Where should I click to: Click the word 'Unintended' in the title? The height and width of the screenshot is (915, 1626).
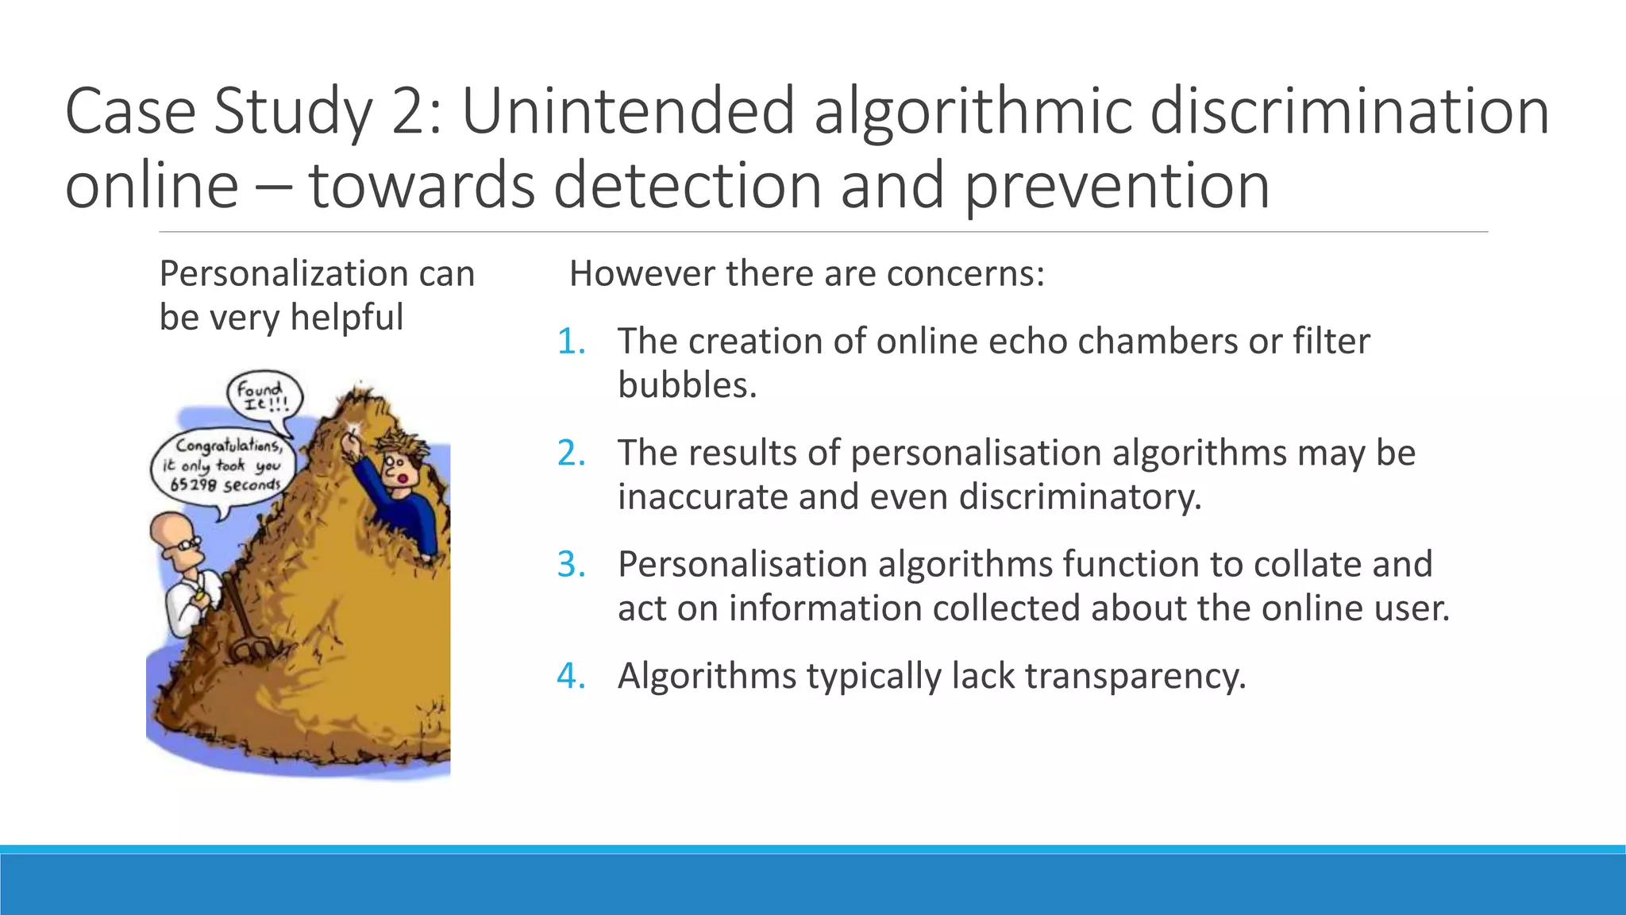click(x=628, y=110)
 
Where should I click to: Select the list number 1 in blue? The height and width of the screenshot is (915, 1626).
click(x=571, y=342)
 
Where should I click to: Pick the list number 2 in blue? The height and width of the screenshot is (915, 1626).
click(x=571, y=454)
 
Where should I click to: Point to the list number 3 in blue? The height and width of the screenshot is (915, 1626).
click(x=571, y=565)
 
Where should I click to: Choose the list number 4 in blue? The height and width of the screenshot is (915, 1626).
click(x=571, y=677)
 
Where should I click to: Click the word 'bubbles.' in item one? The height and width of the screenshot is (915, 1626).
click(x=688, y=385)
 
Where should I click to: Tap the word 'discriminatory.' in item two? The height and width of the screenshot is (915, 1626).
click(x=1080, y=497)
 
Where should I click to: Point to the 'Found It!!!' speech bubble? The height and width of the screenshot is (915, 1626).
click(x=264, y=396)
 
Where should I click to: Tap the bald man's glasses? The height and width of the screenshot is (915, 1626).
click(x=188, y=546)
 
